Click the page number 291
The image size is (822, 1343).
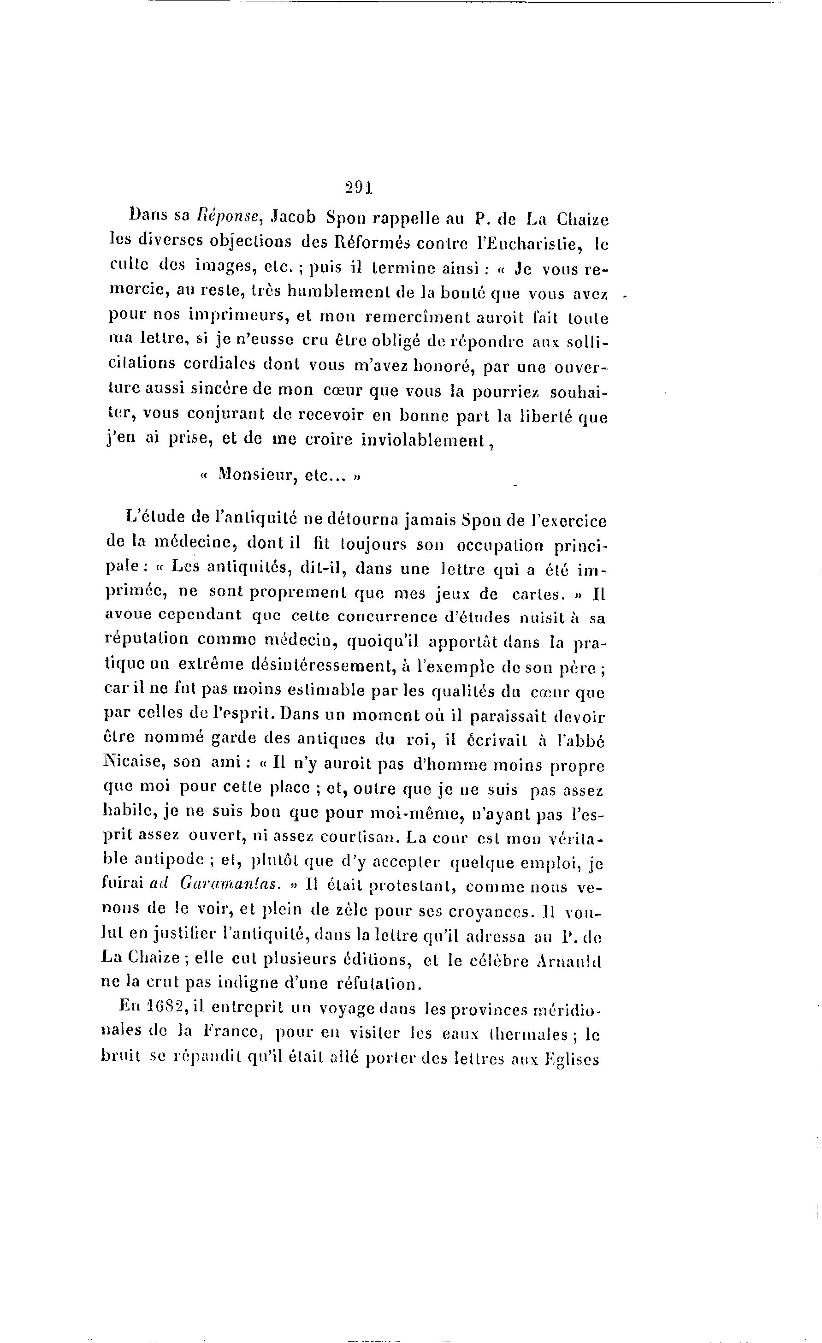tap(358, 188)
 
